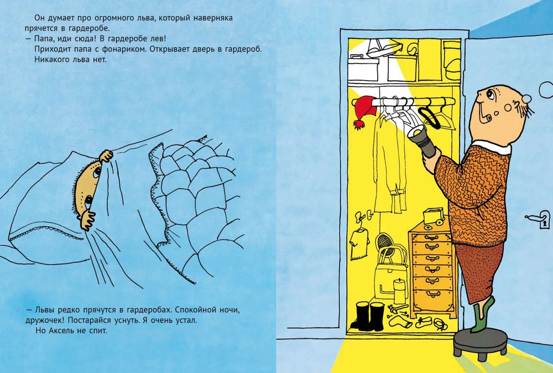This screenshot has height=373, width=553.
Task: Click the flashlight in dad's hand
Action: point(422,141)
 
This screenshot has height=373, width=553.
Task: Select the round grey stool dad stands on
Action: point(480,343)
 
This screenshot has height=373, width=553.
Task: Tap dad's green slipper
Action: point(482,315)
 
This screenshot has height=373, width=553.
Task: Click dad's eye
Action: point(490,94)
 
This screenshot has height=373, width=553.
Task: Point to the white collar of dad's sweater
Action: point(492,147)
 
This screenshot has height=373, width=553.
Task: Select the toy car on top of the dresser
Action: point(434,216)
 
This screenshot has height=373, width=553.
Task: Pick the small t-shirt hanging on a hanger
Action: point(359,243)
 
